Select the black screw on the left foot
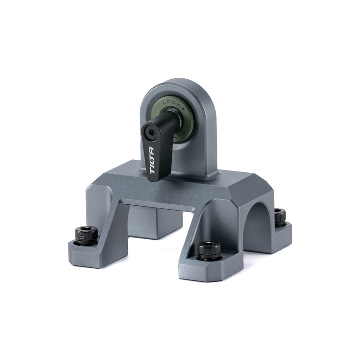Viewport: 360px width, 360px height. click(86, 235)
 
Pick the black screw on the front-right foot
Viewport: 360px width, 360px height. click(209, 250)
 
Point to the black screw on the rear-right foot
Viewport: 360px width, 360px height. click(280, 216)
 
